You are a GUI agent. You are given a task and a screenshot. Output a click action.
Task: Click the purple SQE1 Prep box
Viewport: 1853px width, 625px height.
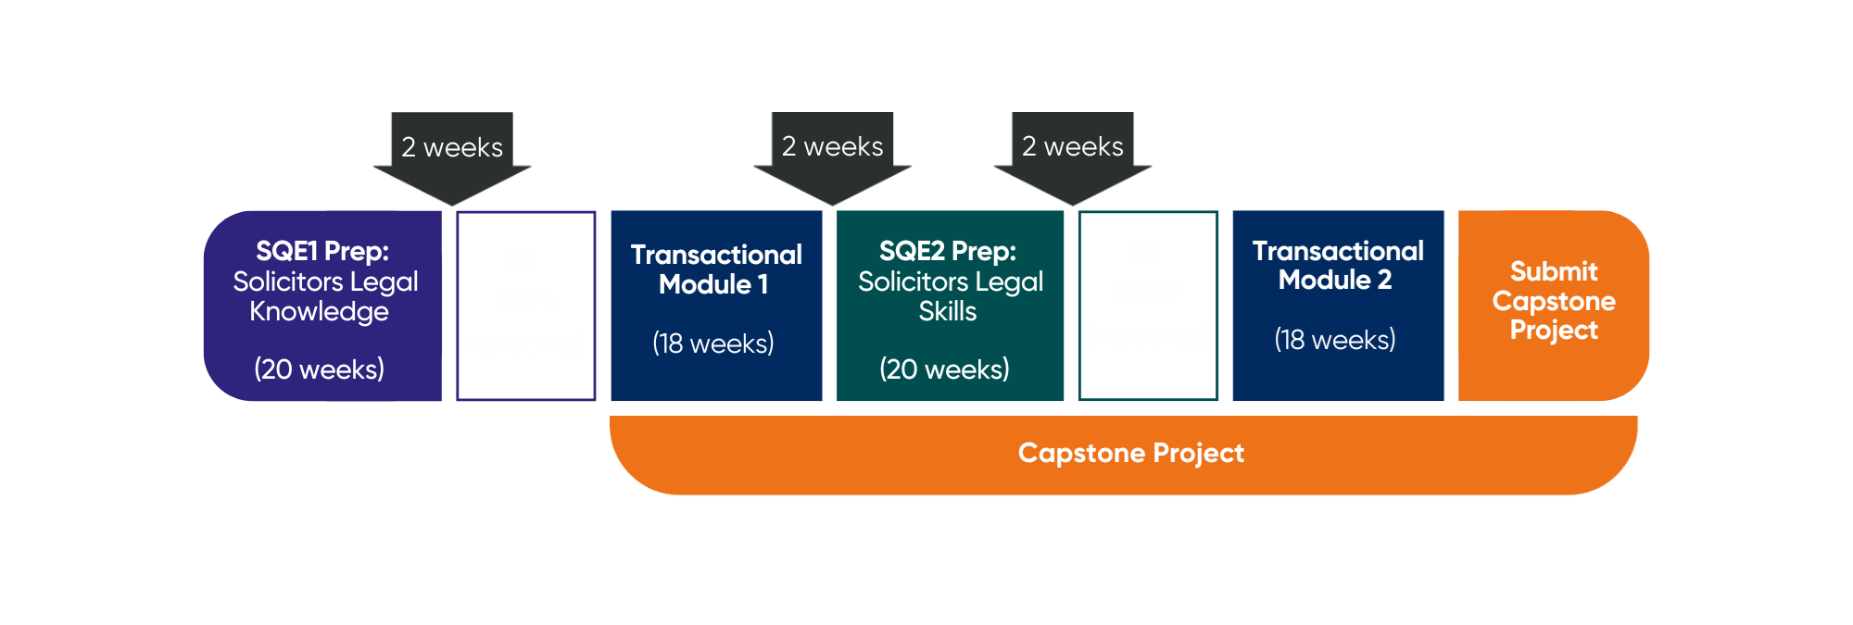point(322,306)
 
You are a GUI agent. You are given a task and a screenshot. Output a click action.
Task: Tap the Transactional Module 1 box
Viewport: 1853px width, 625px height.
point(716,306)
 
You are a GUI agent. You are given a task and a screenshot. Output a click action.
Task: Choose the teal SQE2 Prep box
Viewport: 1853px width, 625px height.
point(951,306)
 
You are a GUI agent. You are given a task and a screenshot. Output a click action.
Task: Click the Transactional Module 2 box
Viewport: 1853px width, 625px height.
point(1338,306)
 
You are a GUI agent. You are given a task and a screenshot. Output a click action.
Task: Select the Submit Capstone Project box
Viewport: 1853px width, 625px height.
point(1553,306)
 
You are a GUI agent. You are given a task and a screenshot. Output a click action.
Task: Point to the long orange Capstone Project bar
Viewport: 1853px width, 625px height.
point(1130,454)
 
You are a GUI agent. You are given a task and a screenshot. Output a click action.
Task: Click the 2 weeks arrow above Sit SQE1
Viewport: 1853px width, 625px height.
point(452,153)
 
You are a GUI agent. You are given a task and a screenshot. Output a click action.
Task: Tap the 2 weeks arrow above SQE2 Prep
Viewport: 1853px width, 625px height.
point(832,153)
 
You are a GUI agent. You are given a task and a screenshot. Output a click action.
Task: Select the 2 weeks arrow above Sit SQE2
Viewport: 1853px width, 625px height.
point(1072,153)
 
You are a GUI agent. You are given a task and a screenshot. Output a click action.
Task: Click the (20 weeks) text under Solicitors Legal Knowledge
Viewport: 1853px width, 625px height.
point(319,369)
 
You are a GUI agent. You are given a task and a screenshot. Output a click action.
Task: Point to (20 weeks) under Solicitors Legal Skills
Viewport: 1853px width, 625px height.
point(944,369)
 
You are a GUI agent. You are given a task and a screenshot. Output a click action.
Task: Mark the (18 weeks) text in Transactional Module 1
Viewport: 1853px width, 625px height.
point(712,344)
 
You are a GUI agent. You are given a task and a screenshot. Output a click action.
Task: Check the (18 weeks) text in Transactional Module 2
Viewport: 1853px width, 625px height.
point(1334,340)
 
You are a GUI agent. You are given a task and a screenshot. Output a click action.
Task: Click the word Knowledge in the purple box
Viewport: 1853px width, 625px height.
point(319,312)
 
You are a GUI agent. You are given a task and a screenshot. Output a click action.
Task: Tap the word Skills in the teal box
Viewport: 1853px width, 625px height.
point(947,312)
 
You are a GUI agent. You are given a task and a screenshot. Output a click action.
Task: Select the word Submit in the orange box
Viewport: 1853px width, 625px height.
point(1554,271)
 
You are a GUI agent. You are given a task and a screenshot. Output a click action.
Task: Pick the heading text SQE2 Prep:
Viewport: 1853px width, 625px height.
point(947,251)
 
